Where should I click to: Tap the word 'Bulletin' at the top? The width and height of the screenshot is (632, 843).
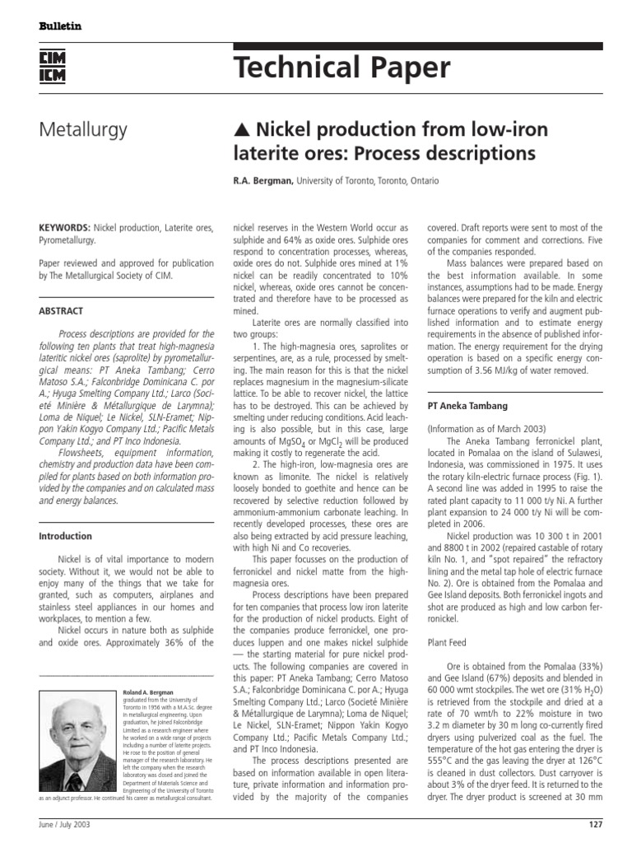pos(61,26)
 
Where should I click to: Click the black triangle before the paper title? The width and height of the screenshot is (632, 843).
pos(242,130)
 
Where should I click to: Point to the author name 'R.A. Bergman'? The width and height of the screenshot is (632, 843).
pos(263,180)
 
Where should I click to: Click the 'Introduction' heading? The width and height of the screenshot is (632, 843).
pos(67,536)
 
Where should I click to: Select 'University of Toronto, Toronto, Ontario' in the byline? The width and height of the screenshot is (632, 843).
pos(368,180)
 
